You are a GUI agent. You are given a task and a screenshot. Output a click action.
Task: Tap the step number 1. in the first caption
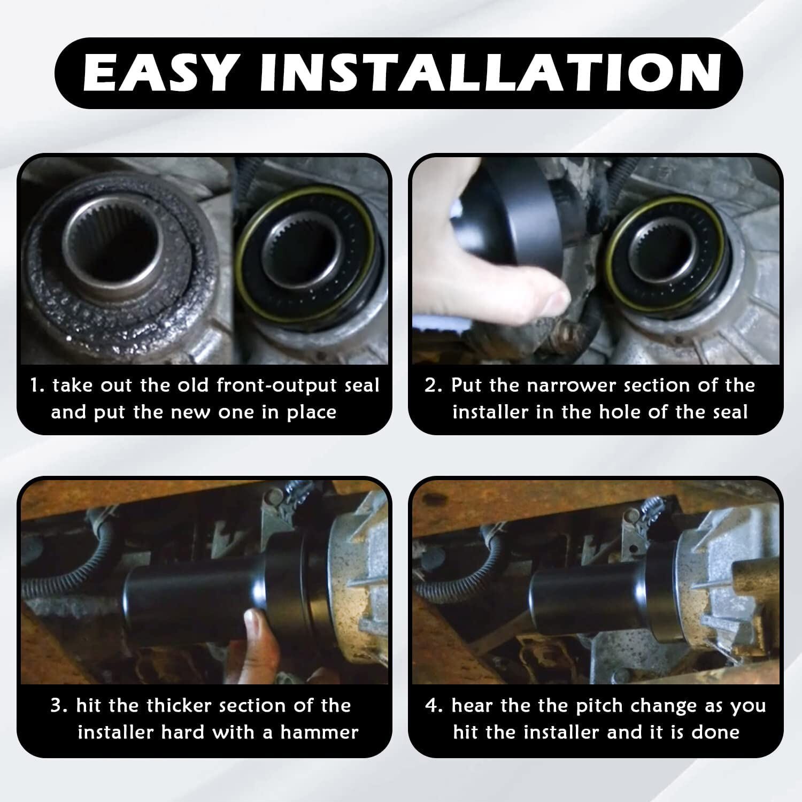pyautogui.click(x=37, y=385)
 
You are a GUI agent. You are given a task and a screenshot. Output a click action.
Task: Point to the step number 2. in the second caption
pyautogui.click(x=433, y=385)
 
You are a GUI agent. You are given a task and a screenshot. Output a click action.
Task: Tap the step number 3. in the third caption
pyautogui.click(x=59, y=706)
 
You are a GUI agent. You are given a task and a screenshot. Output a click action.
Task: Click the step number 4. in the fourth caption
pyautogui.click(x=434, y=706)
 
